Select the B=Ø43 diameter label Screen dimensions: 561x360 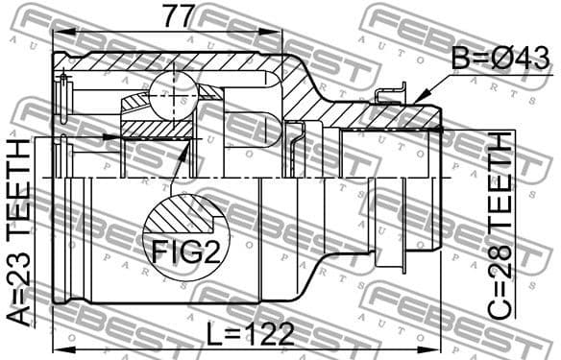(x=500, y=59)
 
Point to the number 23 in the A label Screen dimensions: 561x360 (x=19, y=279)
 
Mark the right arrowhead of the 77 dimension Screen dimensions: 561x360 (x=279, y=31)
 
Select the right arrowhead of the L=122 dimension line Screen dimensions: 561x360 (x=437, y=346)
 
